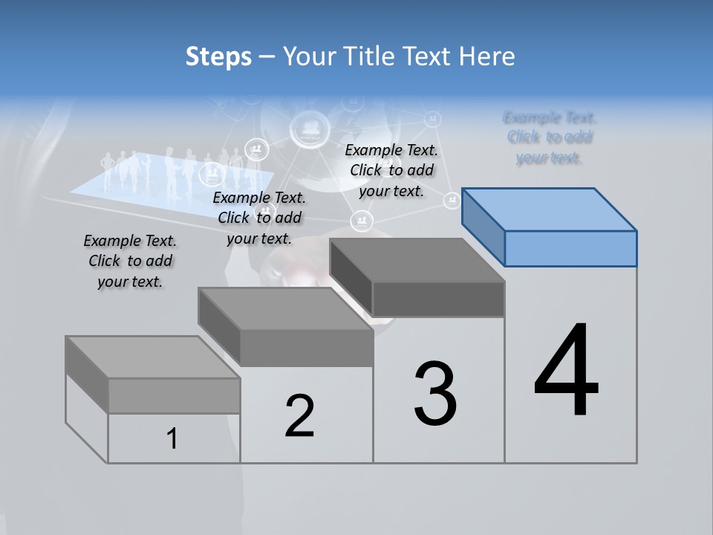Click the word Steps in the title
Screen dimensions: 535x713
pyautogui.click(x=218, y=56)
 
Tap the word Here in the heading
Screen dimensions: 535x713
pyautogui.click(x=486, y=56)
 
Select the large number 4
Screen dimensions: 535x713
pyautogui.click(x=567, y=372)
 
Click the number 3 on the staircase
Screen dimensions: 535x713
pyautogui.click(x=435, y=394)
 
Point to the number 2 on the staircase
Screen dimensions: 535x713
pyautogui.click(x=300, y=416)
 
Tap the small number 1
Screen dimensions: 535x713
pyautogui.click(x=172, y=438)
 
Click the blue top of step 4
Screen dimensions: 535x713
pyautogui.click(x=550, y=210)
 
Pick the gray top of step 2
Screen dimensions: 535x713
pyautogui.click(x=286, y=308)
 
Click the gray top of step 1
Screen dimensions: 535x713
pyautogui.click(x=152, y=357)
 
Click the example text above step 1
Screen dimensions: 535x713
pyautogui.click(x=130, y=261)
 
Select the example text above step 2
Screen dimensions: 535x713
pyautogui.click(x=259, y=218)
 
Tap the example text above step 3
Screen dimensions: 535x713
pyautogui.click(x=391, y=170)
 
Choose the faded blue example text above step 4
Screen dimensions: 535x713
pyautogui.click(x=550, y=137)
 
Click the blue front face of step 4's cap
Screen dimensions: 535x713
pyautogui.click(x=570, y=248)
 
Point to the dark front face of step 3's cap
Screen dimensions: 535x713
pyautogui.click(x=438, y=299)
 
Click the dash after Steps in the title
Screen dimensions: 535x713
pyautogui.click(x=267, y=57)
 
